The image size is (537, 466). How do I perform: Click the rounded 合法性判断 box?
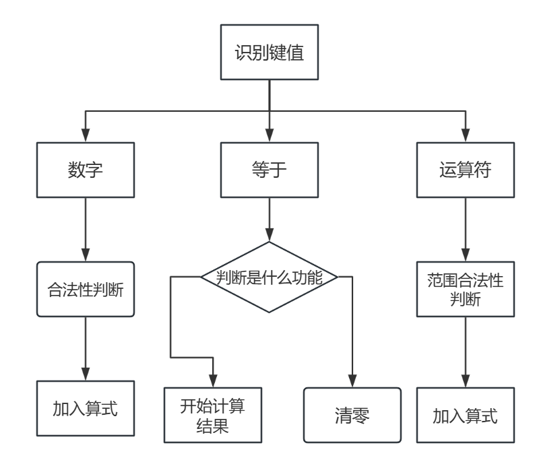coord(86,290)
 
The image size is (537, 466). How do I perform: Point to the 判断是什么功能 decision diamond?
coord(269,277)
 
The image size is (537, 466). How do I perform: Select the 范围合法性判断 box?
coord(464,289)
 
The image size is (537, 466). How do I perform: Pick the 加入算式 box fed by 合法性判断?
coord(86,408)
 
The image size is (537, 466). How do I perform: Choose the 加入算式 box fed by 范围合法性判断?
coord(464,415)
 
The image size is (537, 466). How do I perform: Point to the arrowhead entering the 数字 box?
coord(86,136)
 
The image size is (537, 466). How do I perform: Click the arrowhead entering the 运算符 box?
coord(464,136)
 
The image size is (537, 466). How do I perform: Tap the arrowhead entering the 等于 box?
coord(269,136)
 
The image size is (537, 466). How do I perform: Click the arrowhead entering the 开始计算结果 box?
coord(214,381)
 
